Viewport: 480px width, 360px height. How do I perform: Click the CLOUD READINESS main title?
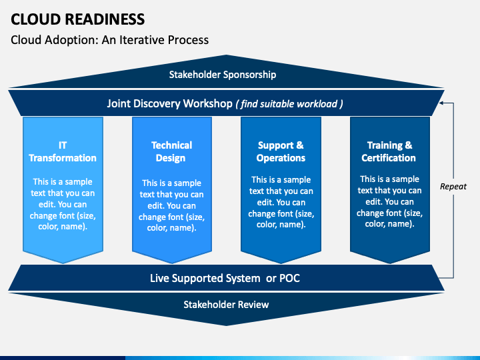point(78,19)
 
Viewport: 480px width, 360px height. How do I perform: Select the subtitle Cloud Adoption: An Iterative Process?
point(109,40)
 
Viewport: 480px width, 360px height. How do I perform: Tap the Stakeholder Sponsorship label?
point(223,75)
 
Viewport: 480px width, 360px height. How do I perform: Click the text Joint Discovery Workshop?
point(169,103)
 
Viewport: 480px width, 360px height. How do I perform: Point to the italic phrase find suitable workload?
point(289,104)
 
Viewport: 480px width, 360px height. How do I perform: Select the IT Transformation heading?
point(63,151)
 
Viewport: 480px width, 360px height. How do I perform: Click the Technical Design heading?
point(171,151)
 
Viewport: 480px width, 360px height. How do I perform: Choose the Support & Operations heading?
point(281,151)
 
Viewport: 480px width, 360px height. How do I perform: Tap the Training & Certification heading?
point(389,151)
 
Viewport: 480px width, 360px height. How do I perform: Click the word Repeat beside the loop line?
point(453,187)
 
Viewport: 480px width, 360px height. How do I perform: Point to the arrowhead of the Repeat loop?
point(441,103)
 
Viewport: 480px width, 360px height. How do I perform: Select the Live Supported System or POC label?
point(225,278)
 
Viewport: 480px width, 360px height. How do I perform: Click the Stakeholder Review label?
point(226,305)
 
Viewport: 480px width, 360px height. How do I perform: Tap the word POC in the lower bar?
point(289,278)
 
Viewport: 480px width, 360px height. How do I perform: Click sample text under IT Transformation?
point(63,204)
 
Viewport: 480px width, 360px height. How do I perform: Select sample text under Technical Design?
point(171,205)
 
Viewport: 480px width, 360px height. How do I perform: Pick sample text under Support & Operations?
point(281,202)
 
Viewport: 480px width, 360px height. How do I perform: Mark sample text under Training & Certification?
point(389,201)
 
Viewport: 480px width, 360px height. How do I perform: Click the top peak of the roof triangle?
point(226,55)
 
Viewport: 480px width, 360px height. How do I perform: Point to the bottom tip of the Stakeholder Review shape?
point(226,326)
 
